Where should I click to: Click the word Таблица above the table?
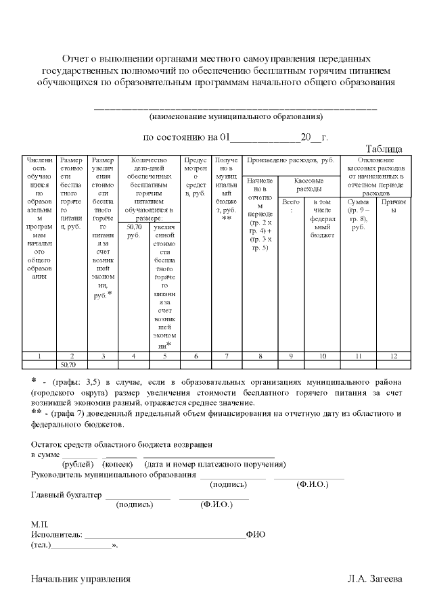click(384, 149)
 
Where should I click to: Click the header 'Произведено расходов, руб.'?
click(291, 160)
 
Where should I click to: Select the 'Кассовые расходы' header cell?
click(308, 185)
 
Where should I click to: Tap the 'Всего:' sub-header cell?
click(291, 206)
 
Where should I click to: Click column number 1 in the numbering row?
click(39, 355)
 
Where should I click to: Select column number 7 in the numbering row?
click(227, 355)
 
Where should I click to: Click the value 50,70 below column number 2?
click(69, 364)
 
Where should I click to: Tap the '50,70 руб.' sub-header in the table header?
click(134, 231)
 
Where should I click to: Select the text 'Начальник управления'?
click(81, 579)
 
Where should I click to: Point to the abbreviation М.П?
click(39, 524)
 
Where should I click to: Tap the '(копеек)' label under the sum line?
click(117, 465)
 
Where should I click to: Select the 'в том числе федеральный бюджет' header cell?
click(323, 218)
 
